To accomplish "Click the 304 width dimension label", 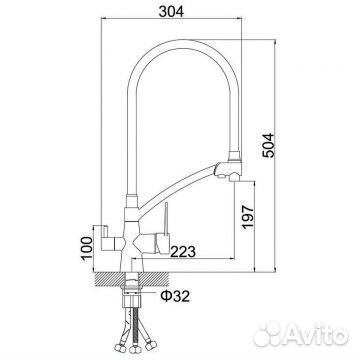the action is click(x=171, y=12).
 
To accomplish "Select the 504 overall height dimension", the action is click(x=268, y=145).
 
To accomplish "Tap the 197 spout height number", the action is click(x=248, y=217).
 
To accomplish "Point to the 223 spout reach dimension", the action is click(x=183, y=252).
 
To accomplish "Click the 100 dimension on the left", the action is click(x=87, y=249).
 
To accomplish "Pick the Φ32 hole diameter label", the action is click(x=175, y=296).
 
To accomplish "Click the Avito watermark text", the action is click(x=317, y=334).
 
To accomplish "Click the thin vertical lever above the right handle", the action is click(x=165, y=218).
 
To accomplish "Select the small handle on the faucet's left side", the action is click(x=105, y=238).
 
